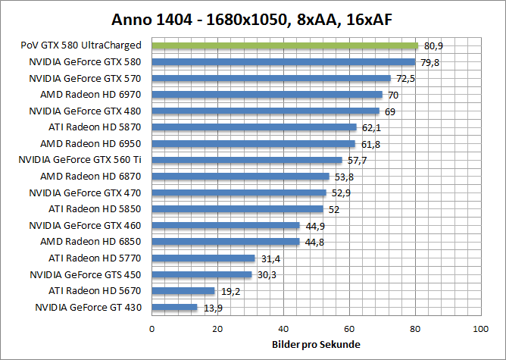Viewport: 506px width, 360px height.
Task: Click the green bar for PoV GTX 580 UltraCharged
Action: pyautogui.click(x=285, y=45)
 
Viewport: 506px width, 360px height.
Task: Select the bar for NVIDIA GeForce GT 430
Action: pyautogui.click(x=175, y=307)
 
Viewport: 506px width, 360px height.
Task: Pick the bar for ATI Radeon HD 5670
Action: pyautogui.click(x=183, y=291)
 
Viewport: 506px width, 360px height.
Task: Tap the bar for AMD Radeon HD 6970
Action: pyautogui.click(x=267, y=95)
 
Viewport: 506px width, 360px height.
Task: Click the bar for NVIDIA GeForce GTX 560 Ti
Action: pyautogui.click(x=247, y=160)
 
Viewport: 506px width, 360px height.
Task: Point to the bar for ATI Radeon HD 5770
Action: pyautogui.click(x=204, y=258)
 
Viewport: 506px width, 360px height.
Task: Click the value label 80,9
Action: pyautogui.click(x=433, y=46)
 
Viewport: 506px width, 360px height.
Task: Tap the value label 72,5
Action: pyautogui.click(x=406, y=79)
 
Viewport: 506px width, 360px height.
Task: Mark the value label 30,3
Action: pyautogui.click(x=267, y=275)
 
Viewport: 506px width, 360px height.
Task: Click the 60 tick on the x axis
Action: pyautogui.click(x=349, y=329)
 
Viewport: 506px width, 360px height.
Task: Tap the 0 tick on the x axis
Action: pyautogui.click(x=152, y=329)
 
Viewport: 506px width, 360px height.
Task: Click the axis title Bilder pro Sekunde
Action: pyautogui.click(x=316, y=345)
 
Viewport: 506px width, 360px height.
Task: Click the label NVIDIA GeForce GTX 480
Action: pyautogui.click(x=85, y=111)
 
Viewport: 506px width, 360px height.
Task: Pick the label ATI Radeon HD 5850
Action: pyautogui.click(x=95, y=208)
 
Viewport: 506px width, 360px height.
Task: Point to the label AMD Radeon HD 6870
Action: pyautogui.click(x=90, y=176)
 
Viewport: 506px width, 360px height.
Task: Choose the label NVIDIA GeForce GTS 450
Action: pyautogui.click(x=85, y=274)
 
